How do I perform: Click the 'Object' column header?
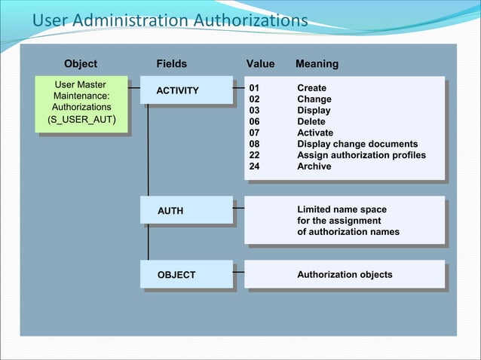point(81,64)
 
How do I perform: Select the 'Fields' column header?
point(172,64)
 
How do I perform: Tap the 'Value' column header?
point(261,64)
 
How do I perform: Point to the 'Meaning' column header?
point(317,64)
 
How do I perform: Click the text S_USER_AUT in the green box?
point(81,120)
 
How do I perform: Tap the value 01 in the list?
point(254,88)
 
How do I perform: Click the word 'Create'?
point(311,88)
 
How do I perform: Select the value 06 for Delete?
point(254,121)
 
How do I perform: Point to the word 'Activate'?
point(314,133)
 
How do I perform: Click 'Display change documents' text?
point(357,144)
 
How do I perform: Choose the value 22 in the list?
point(254,155)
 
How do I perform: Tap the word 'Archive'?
point(314,166)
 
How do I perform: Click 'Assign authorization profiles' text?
point(361,155)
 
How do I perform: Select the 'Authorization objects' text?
point(345,274)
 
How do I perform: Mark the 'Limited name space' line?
point(342,209)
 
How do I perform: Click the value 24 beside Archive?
point(254,166)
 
